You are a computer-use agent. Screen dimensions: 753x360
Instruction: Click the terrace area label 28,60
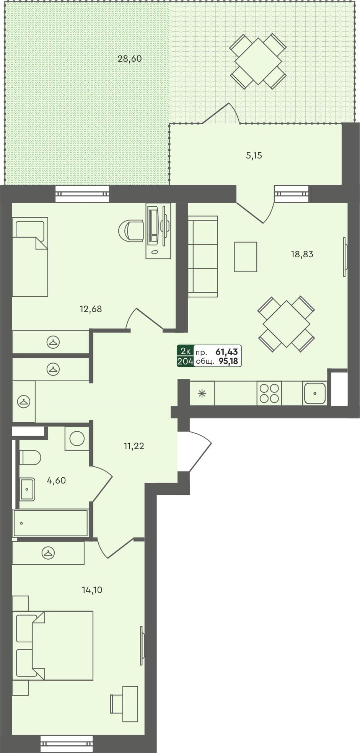pos(130,59)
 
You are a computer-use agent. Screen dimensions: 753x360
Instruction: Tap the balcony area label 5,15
pos(254,155)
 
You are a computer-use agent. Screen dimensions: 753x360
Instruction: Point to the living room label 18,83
pos(302,254)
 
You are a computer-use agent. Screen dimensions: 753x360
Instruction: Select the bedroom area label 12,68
pos(91,309)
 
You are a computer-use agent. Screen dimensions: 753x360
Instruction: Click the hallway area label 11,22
pos(134,446)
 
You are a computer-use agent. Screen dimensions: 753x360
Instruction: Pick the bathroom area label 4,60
pos(56,480)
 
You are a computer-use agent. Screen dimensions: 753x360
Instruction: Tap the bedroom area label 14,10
pos(92,590)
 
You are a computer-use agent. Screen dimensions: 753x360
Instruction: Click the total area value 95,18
pos(228,361)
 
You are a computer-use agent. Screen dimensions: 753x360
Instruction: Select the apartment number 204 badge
pos(185,361)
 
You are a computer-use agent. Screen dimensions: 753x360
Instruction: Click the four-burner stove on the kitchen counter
pos(269,393)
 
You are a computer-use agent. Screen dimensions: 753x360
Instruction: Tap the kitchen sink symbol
pos(314,393)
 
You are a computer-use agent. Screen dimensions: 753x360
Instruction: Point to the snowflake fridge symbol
pos(202,393)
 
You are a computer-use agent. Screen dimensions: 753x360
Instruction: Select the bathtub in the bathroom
pos(50,523)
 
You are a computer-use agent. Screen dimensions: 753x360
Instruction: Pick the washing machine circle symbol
pos(77,438)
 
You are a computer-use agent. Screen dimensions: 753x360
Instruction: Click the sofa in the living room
pos(202,256)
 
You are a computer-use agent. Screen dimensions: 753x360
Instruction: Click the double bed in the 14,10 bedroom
pos(57,645)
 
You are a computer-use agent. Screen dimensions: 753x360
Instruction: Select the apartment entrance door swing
pos(197,452)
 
